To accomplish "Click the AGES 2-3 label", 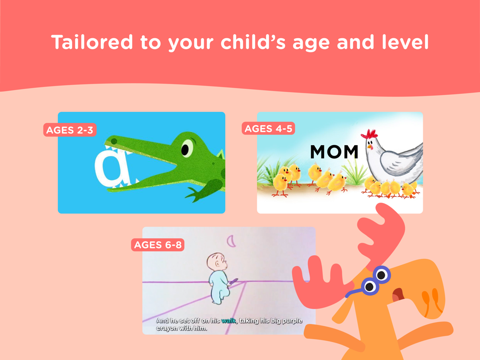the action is [x=70, y=130].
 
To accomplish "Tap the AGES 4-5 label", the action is [x=268, y=128].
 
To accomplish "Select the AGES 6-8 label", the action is [x=158, y=245].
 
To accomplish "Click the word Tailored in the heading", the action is [x=92, y=42].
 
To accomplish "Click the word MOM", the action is [x=334, y=152].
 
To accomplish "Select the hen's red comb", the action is [x=369, y=134].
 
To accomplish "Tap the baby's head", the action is [x=217, y=261].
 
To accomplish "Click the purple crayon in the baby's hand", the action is [x=233, y=281].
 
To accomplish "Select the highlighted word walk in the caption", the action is [x=228, y=320].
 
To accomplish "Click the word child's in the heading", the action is [x=253, y=42].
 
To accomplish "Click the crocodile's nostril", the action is [x=114, y=141].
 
